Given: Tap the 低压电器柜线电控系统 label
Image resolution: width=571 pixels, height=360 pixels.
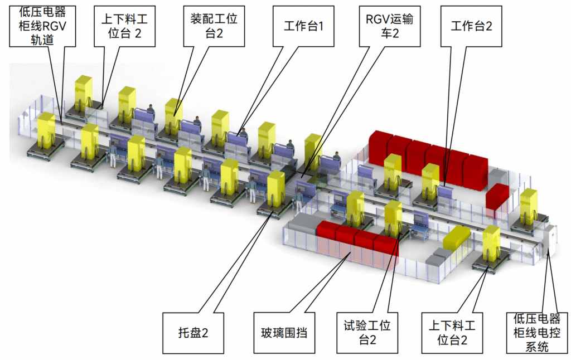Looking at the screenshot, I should [537, 333].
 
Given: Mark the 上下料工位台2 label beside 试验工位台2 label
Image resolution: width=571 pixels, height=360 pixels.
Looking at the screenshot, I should [452, 333].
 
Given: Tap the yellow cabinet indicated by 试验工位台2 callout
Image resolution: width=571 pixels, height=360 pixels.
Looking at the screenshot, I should [393, 217].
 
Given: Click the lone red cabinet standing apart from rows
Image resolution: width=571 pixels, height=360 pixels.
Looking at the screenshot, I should [497, 197].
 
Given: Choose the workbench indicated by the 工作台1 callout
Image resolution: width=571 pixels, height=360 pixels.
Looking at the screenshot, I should [236, 139].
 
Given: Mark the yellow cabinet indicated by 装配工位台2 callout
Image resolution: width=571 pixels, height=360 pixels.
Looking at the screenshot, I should [173, 114].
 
